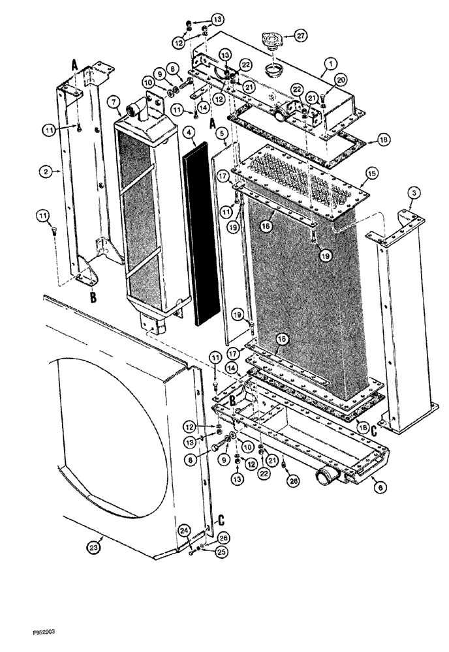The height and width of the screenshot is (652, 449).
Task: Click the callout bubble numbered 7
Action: (x=114, y=102)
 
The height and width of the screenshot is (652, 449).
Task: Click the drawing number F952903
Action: (x=23, y=632)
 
